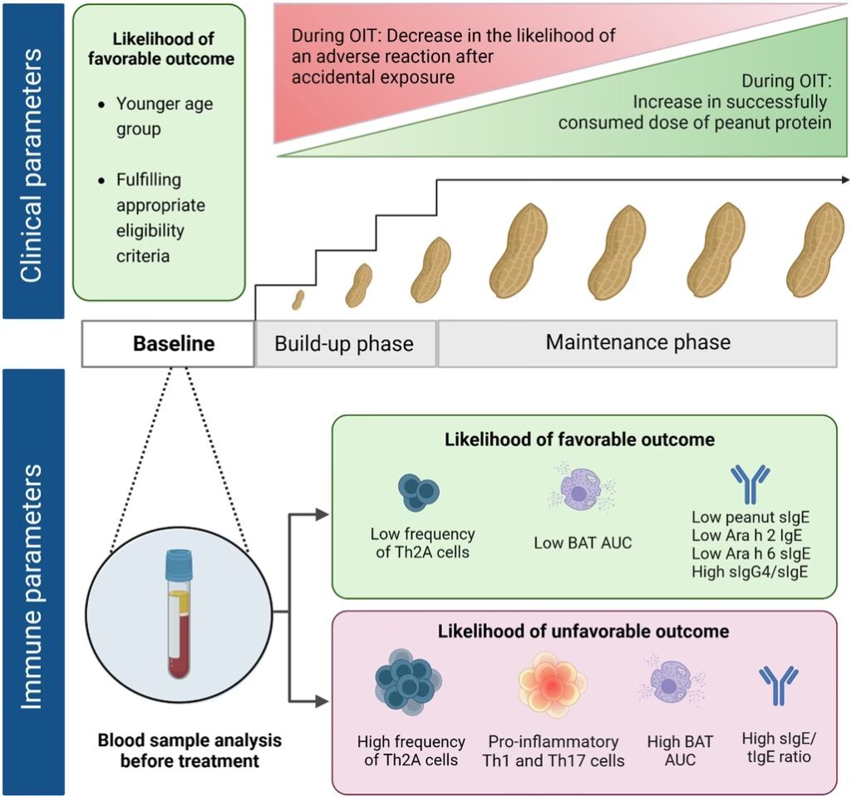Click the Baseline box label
pos(174,343)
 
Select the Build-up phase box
pos(344,343)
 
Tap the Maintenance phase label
pos(637,341)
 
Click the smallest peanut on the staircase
pos(298,298)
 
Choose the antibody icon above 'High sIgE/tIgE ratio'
pos(779,684)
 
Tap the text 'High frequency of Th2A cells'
pos(411,750)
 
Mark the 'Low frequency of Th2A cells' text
pos(423,543)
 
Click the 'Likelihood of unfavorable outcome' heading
pos(583,631)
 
